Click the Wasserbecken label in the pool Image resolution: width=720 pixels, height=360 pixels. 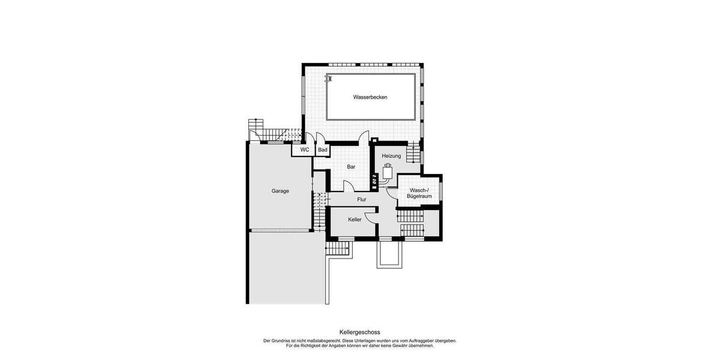pyautogui.click(x=370, y=97)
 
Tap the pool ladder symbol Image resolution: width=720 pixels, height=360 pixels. pyautogui.click(x=329, y=78)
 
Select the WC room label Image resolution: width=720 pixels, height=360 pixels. pyautogui.click(x=304, y=150)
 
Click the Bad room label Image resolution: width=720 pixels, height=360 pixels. pyautogui.click(x=322, y=150)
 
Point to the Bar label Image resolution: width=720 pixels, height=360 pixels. pyautogui.click(x=351, y=167)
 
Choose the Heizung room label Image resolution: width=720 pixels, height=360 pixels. pyautogui.click(x=391, y=156)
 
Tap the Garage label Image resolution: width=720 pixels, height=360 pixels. pyautogui.click(x=280, y=191)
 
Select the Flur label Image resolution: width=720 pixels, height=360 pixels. pyautogui.click(x=362, y=199)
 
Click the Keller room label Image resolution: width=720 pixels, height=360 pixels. pyautogui.click(x=355, y=220)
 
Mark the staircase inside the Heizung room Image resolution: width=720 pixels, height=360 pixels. pyautogui.click(x=413, y=155)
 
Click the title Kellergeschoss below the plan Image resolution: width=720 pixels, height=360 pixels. pyautogui.click(x=359, y=332)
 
